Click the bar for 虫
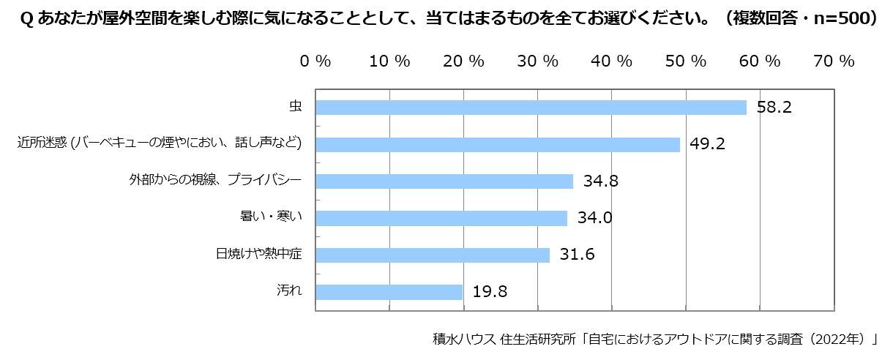coord(531,108)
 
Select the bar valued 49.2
coord(498,144)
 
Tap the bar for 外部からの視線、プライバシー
coord(444,181)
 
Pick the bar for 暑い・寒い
coord(441,218)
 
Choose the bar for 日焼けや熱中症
coord(433,255)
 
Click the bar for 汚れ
coord(389,292)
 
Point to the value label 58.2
coord(774,108)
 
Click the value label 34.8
coord(601,181)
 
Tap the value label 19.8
coord(490,292)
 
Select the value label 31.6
coord(578,255)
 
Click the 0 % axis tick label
coord(315,61)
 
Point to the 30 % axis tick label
coord(538,61)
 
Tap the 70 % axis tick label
coord(834,61)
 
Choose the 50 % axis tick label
coord(686,61)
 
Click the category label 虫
coord(295,107)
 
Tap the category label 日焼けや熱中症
coord(259,255)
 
